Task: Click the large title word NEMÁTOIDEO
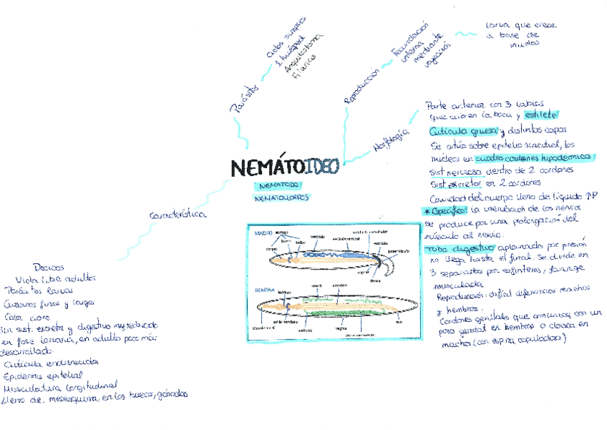[285, 167]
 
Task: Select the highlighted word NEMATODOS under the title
[276, 185]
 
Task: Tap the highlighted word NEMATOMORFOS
[281, 197]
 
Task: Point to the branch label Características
[178, 214]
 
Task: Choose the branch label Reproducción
[361, 85]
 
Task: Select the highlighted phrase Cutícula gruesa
[462, 131]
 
